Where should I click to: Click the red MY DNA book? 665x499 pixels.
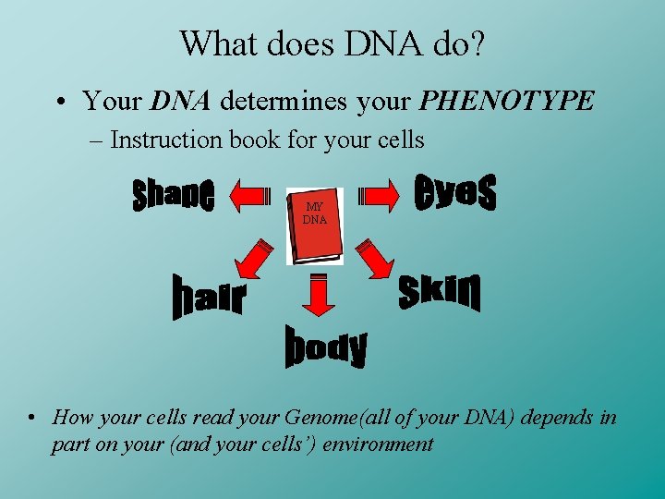coord(315,225)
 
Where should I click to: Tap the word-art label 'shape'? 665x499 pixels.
coord(174,194)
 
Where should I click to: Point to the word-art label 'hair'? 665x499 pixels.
coord(209,298)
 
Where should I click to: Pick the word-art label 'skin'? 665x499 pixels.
coord(440,292)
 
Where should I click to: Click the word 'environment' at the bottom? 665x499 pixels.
coord(376,444)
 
